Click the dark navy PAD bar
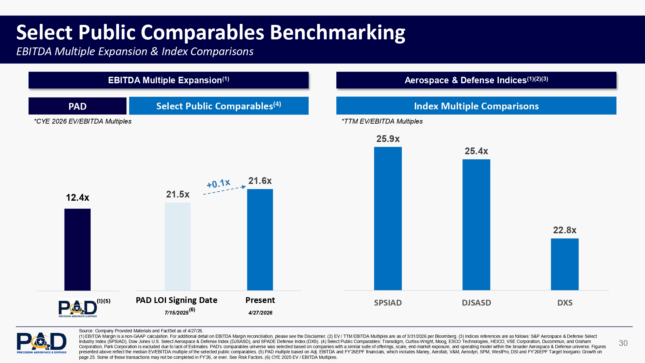pyautogui.click(x=77, y=249)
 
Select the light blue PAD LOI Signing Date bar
pyautogui.click(x=178, y=247)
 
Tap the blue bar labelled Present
pyautogui.click(x=260, y=240)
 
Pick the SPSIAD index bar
pyautogui.click(x=388, y=218)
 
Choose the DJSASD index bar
pyautogui.click(x=476, y=225)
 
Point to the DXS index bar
pyautogui.click(x=565, y=264)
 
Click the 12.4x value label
pyautogui.click(x=77, y=197)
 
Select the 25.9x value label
pyautogui.click(x=388, y=139)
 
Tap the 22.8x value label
pyautogui.click(x=565, y=230)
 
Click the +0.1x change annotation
pyautogui.click(x=218, y=183)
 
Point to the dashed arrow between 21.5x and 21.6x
pyautogui.click(x=224, y=190)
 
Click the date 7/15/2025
pyautogui.click(x=177, y=313)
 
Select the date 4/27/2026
pyautogui.click(x=260, y=313)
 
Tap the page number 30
pyautogui.click(x=623, y=343)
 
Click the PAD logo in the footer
pyautogui.click(x=42, y=343)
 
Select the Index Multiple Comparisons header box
pyautogui.click(x=476, y=106)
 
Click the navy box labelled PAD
pyautogui.click(x=77, y=106)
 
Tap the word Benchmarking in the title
pyautogui.click(x=337, y=33)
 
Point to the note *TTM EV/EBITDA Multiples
pyautogui.click(x=382, y=121)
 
